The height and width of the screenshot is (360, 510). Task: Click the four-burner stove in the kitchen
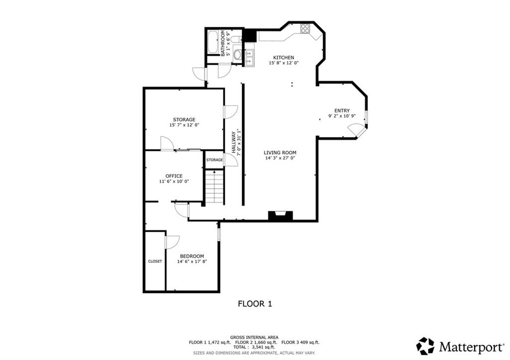[305, 28]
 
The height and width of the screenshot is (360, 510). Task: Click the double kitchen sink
[250, 55]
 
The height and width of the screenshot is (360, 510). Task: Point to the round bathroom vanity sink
[237, 54]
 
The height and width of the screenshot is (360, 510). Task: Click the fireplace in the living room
[280, 216]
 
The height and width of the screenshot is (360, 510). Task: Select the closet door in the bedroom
[171, 242]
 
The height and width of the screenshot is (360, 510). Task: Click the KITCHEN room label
[279, 57]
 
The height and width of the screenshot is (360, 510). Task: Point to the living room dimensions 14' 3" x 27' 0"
[280, 159]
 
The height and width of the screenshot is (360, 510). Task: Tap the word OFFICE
[174, 176]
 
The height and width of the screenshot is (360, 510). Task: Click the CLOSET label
[155, 261]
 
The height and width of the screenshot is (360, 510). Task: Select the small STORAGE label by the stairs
[214, 160]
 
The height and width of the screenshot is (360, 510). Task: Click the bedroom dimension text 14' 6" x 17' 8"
[192, 261]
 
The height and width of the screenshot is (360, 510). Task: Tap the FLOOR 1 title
[255, 303]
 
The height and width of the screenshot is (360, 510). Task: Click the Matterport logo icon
[425, 346]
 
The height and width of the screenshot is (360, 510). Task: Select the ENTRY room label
[342, 111]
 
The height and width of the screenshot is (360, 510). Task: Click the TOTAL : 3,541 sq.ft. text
[254, 348]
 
